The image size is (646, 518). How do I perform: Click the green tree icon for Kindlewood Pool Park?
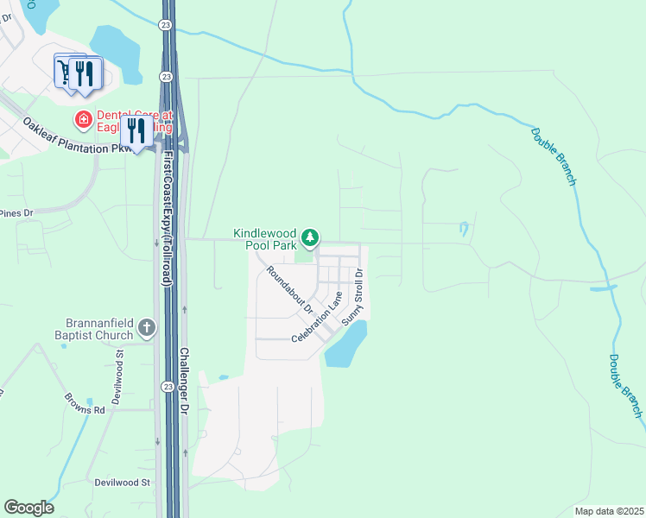pos(311,237)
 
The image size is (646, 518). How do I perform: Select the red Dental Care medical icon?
pos(84,120)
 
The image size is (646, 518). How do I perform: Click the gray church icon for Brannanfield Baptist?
pos(147,327)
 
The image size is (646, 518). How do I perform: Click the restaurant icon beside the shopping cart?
pos(85,72)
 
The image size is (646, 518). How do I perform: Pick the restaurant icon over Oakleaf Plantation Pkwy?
pos(136,130)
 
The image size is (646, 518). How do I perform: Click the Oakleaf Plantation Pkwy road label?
pos(78,137)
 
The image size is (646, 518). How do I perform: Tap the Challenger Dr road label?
pos(184,381)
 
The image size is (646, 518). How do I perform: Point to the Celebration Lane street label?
pos(317,318)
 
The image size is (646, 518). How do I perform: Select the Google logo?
pos(28,508)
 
